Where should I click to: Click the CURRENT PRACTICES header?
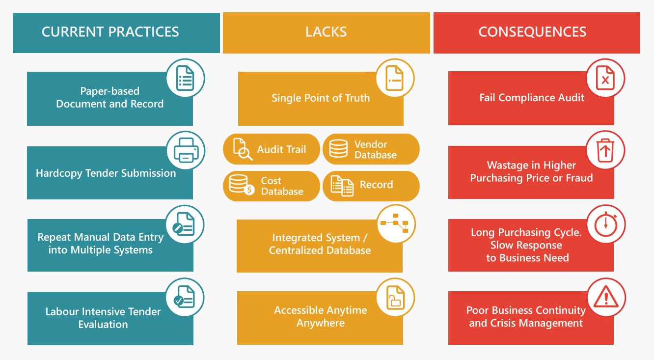(110, 32)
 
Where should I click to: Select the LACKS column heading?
(326, 32)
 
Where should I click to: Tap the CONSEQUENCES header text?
(532, 32)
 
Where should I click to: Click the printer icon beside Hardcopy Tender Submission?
(186, 150)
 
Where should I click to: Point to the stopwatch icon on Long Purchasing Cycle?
(605, 224)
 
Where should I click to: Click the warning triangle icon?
(605, 297)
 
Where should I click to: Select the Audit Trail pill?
(272, 149)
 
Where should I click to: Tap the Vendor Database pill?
(371, 149)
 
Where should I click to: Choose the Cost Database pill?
(272, 186)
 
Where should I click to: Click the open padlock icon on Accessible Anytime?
(395, 297)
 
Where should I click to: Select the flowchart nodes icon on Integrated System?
(395, 224)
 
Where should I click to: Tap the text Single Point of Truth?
(321, 98)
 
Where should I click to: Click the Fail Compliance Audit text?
(532, 97)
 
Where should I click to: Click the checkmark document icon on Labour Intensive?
(185, 297)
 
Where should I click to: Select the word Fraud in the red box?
(579, 178)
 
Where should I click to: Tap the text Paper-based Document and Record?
(109, 97)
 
